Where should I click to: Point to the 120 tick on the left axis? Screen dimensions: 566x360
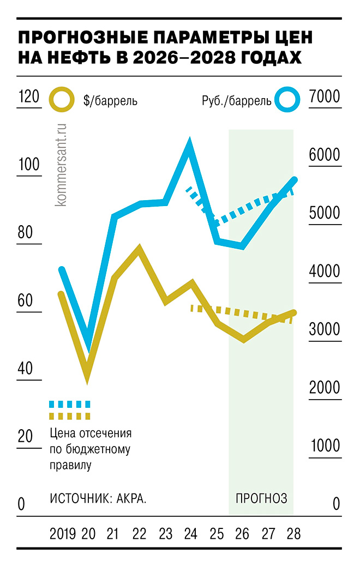[x=28, y=97]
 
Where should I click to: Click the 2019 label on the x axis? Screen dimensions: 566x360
[x=63, y=532]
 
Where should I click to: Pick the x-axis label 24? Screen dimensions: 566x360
[x=190, y=532]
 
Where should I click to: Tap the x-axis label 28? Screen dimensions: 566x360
[x=293, y=532]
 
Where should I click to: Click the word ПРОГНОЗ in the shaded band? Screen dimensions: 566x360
[x=261, y=498]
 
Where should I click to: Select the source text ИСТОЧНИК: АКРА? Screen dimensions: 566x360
[x=98, y=498]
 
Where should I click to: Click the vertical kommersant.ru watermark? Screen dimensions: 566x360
[x=61, y=164]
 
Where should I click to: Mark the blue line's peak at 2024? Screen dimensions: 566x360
[x=189, y=144]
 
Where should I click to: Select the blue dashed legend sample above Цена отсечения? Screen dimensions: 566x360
[x=69, y=405]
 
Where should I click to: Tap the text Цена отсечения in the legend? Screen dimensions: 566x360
[x=91, y=433]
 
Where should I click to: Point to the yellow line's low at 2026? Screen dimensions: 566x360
[x=243, y=340]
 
